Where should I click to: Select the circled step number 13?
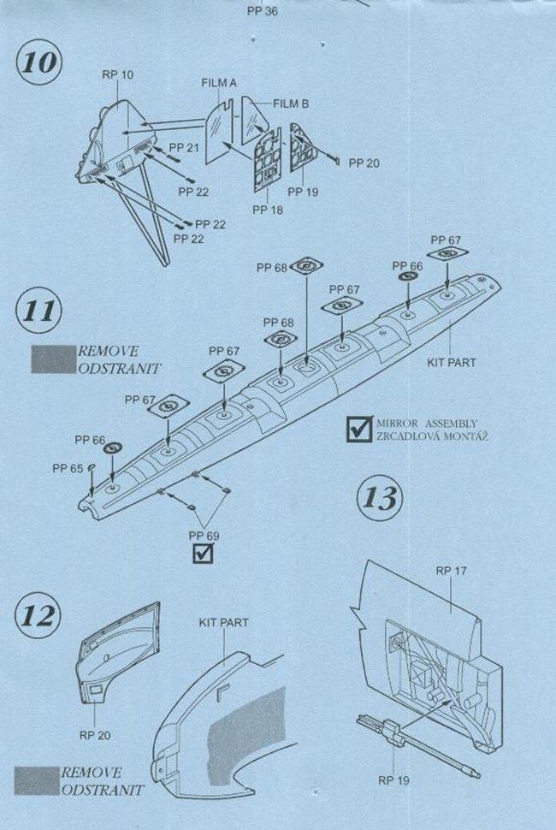click(381, 497)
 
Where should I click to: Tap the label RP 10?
click(117, 75)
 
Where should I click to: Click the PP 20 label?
click(364, 163)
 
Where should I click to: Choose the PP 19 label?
click(303, 192)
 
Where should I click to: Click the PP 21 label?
click(186, 148)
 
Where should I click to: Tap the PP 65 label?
click(68, 468)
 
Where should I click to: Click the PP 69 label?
click(204, 537)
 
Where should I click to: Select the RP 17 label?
click(450, 569)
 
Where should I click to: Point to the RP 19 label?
click(393, 780)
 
